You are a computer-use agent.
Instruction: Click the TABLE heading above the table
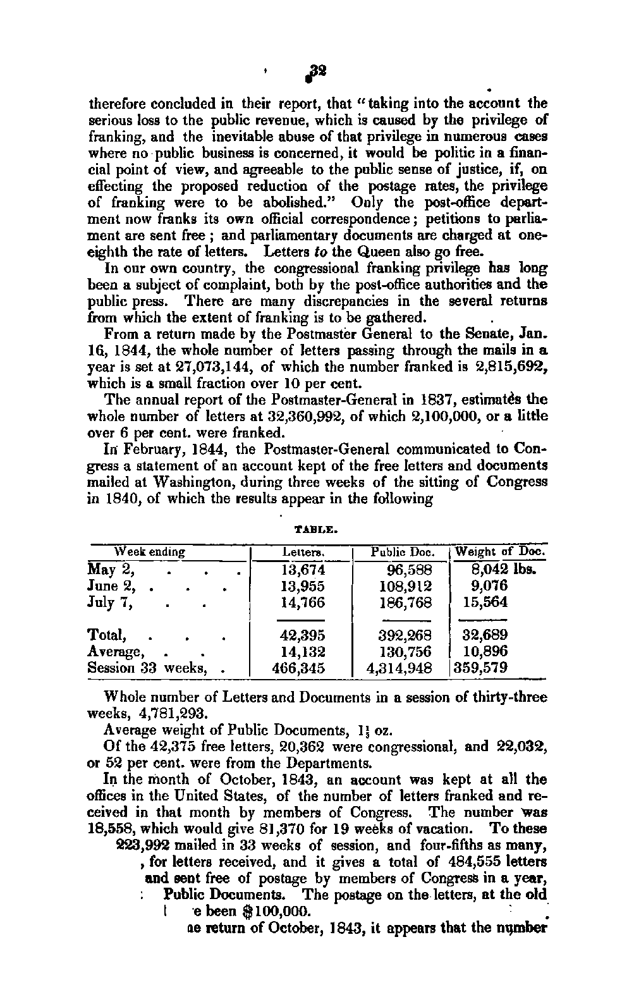pyautogui.click(x=314, y=524)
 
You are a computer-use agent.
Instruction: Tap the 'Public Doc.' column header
pyautogui.click(x=400, y=551)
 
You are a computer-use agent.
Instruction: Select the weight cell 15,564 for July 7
pyautogui.click(x=485, y=603)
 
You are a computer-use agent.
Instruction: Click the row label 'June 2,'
pyautogui.click(x=112, y=586)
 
